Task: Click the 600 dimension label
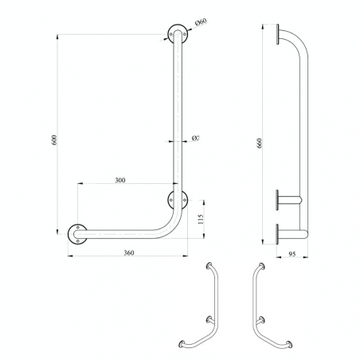click(54, 140)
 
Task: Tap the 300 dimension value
click(120, 180)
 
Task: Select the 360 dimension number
click(129, 252)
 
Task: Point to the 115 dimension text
click(201, 219)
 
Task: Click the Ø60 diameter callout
click(201, 22)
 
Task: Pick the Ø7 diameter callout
click(195, 138)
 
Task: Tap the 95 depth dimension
click(292, 254)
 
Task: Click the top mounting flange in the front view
click(178, 34)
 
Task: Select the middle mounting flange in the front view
click(178, 200)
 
